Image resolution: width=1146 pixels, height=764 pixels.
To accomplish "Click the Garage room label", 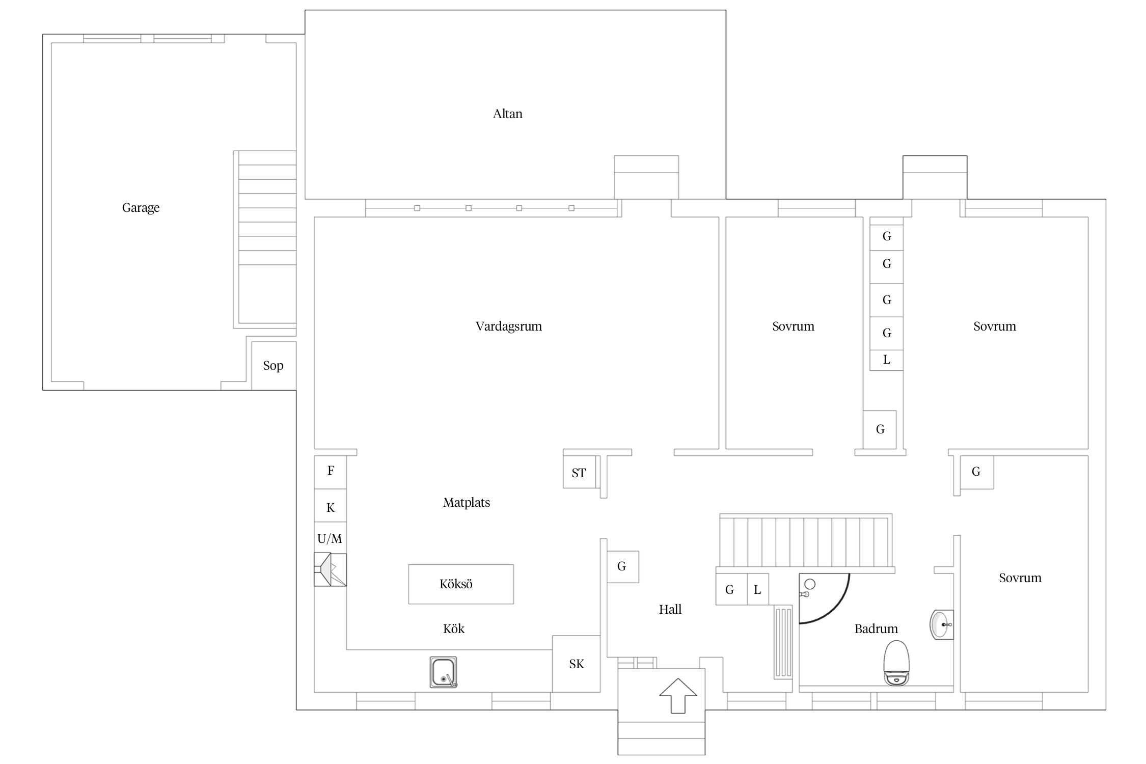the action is (141, 208).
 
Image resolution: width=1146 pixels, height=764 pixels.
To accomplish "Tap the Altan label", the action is (507, 114).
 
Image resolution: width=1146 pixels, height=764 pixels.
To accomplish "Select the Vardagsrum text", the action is (508, 326).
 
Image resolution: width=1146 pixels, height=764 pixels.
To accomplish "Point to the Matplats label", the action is (467, 503).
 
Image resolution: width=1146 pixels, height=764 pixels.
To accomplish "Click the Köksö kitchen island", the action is (461, 584).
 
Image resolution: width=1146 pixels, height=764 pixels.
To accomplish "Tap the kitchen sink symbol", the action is (443, 672).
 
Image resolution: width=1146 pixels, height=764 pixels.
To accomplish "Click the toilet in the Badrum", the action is (896, 663).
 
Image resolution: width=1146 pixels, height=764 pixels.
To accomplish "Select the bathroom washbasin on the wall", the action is (941, 624).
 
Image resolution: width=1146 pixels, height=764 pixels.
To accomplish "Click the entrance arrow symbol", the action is (678, 695).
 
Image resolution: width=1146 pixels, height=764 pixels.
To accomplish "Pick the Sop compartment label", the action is (273, 366).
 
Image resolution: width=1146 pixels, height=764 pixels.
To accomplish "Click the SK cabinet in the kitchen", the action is (577, 664).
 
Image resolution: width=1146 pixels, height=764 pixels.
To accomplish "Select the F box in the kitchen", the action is (330, 473).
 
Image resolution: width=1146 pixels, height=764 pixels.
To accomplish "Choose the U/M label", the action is (330, 538).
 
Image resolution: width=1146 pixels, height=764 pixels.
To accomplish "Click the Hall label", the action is (670, 610).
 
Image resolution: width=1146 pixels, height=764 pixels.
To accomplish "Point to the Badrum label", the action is (876, 629).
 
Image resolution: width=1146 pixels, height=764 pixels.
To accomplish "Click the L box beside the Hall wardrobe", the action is (758, 589).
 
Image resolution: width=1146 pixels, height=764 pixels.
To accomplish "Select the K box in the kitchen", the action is (330, 506).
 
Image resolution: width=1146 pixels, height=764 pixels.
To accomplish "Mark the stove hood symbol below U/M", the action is (330, 569).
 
